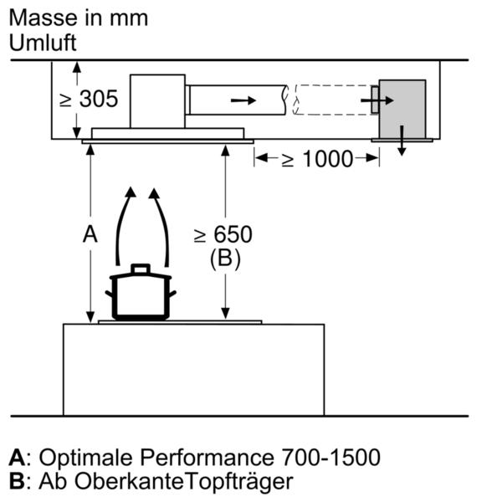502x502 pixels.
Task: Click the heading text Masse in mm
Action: tap(79, 16)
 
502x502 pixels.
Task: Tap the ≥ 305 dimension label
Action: tap(88, 100)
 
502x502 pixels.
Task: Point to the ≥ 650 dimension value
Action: tap(223, 235)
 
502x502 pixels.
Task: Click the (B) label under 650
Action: tap(223, 259)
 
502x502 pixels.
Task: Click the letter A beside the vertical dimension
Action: tap(90, 235)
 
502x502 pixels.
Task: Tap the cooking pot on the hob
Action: tap(140, 295)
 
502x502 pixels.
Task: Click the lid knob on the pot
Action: tap(140, 268)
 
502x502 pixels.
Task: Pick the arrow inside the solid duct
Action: tap(243, 100)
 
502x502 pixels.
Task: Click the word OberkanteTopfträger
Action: tap(185, 482)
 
